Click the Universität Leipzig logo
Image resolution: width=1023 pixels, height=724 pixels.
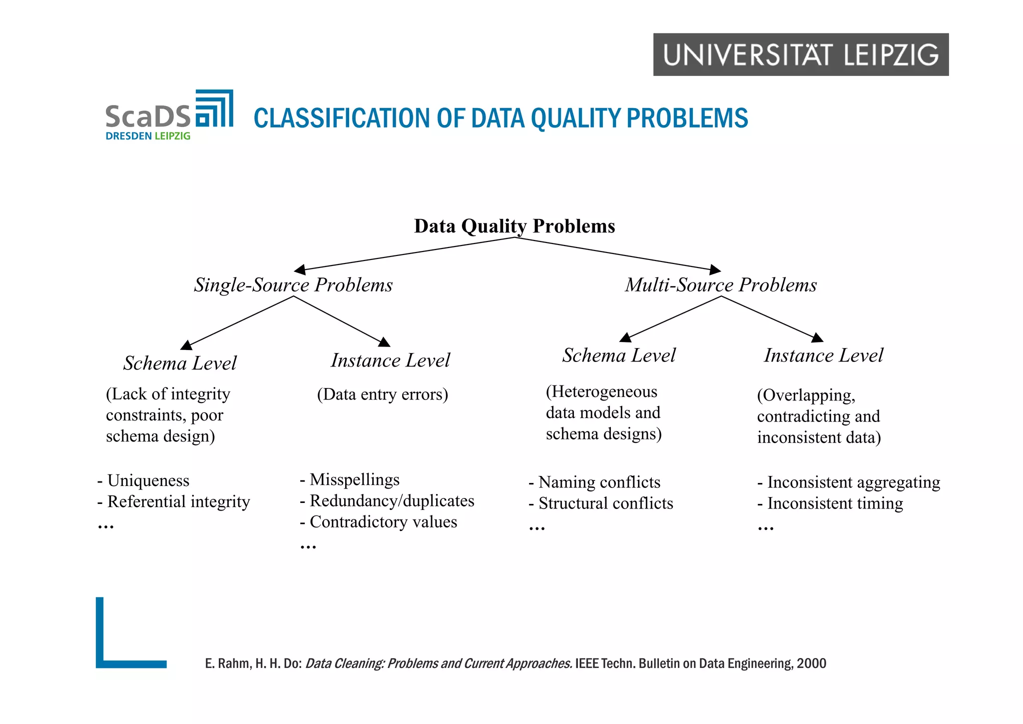point(800,54)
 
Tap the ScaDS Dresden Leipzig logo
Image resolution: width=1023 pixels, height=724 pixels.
point(169,115)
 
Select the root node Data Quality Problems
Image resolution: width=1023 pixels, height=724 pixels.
point(514,226)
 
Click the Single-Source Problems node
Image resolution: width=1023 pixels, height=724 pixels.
point(293,285)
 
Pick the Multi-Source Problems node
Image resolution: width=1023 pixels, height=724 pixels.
point(721,285)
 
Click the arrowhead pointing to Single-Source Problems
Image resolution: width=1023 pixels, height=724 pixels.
point(300,270)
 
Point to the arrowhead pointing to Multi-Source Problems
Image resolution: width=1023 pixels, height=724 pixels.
point(715,270)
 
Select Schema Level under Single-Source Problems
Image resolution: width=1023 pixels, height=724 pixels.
point(180,363)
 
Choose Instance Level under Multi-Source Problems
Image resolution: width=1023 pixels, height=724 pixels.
point(823,355)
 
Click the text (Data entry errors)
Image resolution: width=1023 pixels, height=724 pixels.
point(383,394)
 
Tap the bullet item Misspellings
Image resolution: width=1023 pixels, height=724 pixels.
point(354,479)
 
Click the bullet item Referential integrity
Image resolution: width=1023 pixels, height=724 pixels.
point(178,501)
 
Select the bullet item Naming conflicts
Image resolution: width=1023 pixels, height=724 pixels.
point(599,482)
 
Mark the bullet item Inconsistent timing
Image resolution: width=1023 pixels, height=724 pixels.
point(835,503)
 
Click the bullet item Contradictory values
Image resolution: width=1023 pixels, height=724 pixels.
point(383,522)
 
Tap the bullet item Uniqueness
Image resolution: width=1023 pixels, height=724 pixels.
point(148,480)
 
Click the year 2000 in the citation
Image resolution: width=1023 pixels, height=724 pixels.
point(811,663)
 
